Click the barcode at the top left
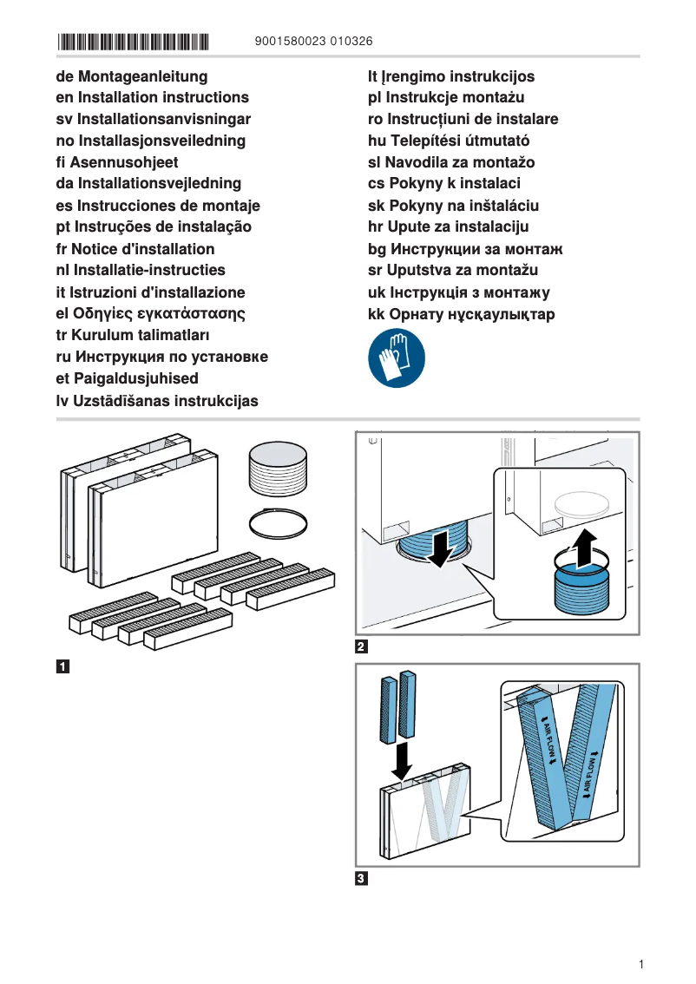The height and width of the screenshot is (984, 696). [x=134, y=41]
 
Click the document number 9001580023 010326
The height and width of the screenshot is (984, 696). [x=314, y=41]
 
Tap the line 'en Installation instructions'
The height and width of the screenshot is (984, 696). [x=152, y=97]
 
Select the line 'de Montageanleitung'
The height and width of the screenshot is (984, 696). [x=131, y=76]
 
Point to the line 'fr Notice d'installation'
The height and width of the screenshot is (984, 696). [x=135, y=248]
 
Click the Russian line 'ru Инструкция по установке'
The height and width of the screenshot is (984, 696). [x=161, y=357]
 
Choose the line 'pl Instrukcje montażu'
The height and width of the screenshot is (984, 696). [x=446, y=97]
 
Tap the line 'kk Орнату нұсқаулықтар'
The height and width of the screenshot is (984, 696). [x=461, y=314]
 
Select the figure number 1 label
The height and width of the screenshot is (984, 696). [x=62, y=667]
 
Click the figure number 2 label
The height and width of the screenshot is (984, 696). [x=362, y=646]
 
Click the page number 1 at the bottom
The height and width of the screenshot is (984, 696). [x=640, y=965]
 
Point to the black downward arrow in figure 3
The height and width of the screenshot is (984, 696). [x=401, y=761]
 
